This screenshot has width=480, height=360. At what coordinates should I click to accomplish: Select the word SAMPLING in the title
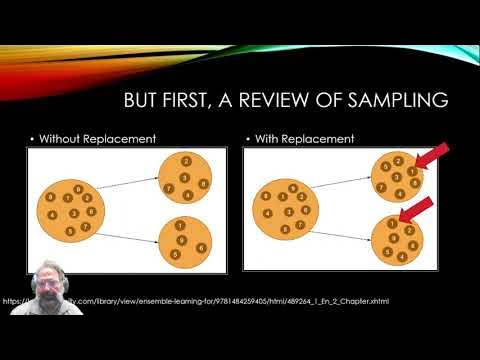(x=393, y=101)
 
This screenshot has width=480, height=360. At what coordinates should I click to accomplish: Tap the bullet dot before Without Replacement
(x=33, y=137)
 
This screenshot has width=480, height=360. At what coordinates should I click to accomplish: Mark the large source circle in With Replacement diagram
(x=287, y=210)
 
